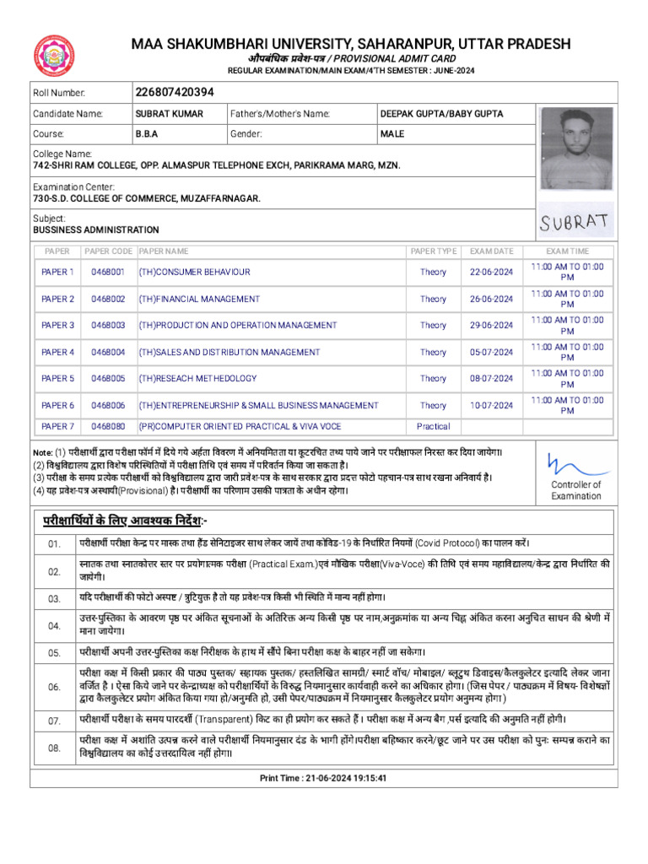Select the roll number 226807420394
175,92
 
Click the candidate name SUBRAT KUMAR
170,113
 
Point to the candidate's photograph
576,143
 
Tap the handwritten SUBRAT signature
575,222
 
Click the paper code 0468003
108,326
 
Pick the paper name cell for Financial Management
199,299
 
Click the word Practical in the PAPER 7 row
433,427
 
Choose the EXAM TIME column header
568,251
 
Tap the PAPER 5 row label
58,379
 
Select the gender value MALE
392,134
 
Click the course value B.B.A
147,134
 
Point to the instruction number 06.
54,688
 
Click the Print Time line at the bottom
323,778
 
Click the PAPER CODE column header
108,251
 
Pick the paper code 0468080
108,427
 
